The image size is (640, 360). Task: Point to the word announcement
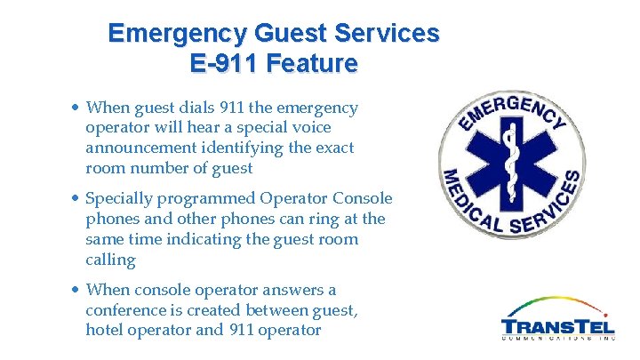coord(141,148)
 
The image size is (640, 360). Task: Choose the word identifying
coord(256,148)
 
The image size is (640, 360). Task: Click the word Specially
coord(117,197)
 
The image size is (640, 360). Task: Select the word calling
coord(110,260)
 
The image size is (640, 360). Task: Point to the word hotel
coord(105,330)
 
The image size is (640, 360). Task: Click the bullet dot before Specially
coord(76,198)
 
